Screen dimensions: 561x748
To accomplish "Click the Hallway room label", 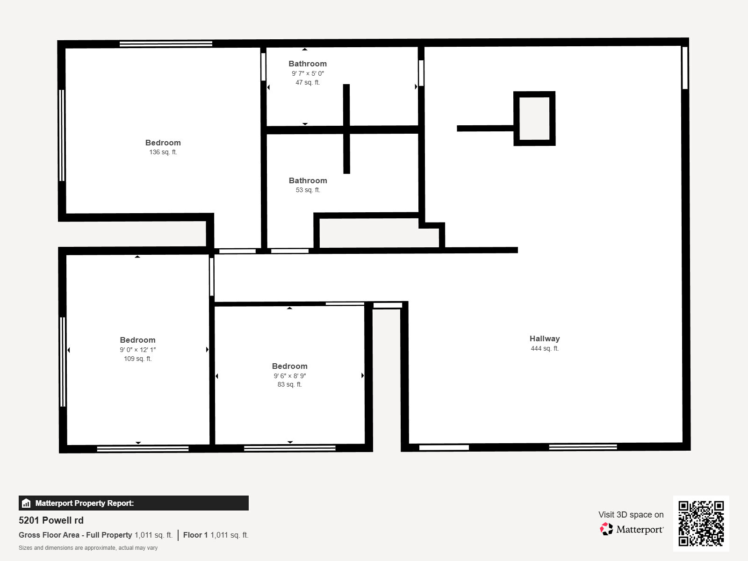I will [x=545, y=338].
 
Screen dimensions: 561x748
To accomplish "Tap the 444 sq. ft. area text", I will [x=545, y=348].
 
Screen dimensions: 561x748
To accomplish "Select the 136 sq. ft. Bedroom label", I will [x=163, y=143].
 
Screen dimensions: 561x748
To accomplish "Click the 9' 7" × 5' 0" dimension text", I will [x=308, y=73].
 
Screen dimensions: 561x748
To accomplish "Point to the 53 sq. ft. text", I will [x=308, y=190].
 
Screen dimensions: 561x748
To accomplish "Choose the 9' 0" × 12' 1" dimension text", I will [x=137, y=350].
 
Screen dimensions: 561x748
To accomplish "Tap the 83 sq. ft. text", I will [x=289, y=384].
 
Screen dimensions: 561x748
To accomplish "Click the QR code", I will [x=701, y=523].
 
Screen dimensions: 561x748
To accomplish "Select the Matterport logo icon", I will [x=606, y=529].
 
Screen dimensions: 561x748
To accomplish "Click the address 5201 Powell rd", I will [x=51, y=520].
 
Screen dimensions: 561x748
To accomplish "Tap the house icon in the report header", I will [x=26, y=503].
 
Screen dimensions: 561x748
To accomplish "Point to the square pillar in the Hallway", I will [x=534, y=119].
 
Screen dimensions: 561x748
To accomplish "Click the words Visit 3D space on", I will [x=631, y=514].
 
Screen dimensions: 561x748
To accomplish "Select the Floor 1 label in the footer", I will [x=195, y=535].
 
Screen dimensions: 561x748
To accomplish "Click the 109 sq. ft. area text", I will [x=137, y=359].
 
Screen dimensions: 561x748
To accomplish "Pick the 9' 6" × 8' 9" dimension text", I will [x=289, y=376].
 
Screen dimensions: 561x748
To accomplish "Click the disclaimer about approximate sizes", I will [x=88, y=548].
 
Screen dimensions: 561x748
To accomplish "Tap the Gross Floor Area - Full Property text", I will [x=75, y=535].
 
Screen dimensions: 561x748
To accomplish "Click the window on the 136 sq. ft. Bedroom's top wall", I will [x=166, y=44].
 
